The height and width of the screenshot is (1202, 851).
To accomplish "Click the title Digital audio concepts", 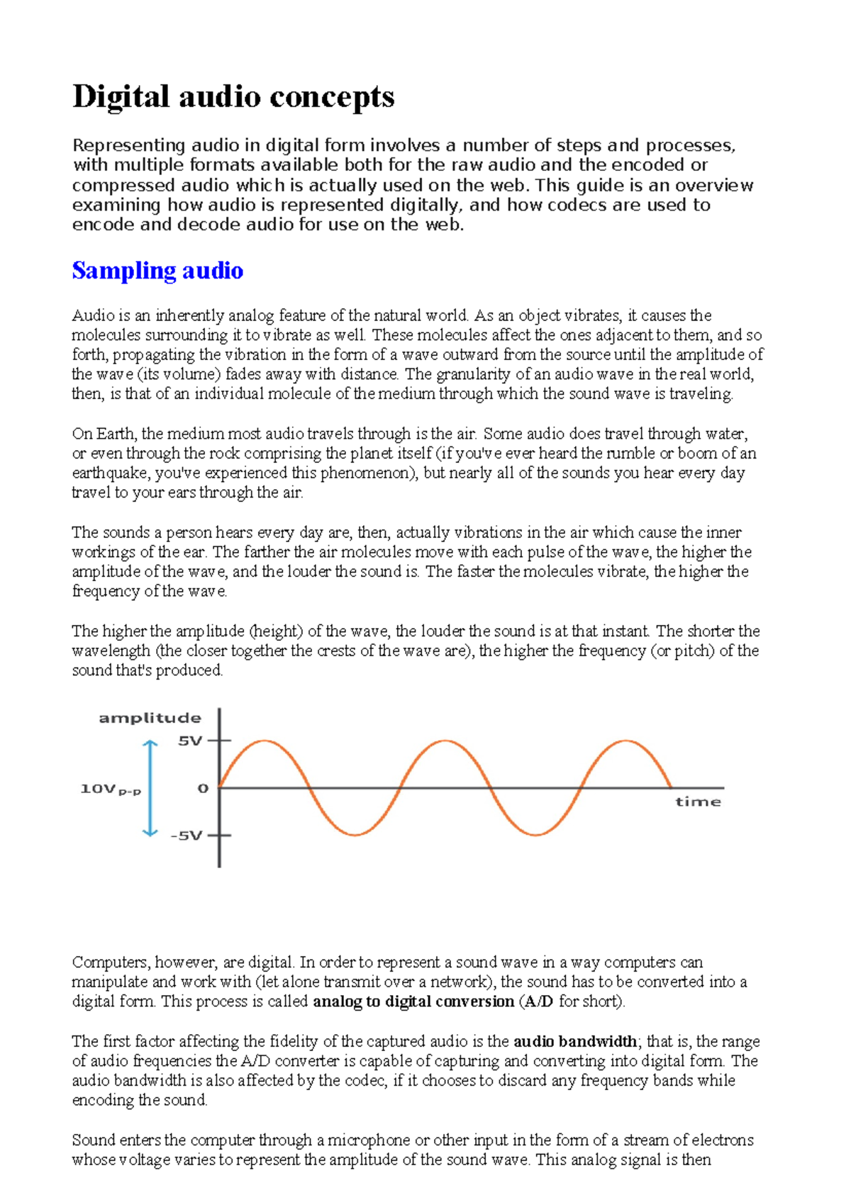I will [233, 97].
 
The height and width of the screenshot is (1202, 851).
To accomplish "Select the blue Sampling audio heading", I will [157, 271].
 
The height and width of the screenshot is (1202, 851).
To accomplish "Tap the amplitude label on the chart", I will [150, 718].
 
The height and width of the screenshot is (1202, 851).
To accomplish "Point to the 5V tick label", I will [190, 741].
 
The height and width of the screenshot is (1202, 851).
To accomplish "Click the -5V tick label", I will [187, 836].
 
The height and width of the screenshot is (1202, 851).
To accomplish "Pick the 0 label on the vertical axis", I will [203, 788].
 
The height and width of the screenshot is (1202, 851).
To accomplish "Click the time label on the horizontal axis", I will [698, 802].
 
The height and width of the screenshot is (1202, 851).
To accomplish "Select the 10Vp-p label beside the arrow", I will [111, 789].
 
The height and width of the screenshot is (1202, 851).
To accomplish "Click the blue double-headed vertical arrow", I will [150, 788].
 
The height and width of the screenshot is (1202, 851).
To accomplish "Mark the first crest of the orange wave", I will [264, 741].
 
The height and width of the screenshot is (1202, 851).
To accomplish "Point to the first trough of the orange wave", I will [355, 835].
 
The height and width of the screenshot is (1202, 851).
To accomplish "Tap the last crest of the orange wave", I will [626, 741].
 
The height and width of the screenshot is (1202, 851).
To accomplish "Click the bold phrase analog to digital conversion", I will [413, 1001].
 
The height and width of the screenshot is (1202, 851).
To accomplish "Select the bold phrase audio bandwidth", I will [575, 1041].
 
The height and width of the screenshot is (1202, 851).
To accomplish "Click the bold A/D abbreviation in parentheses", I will [538, 1001].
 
